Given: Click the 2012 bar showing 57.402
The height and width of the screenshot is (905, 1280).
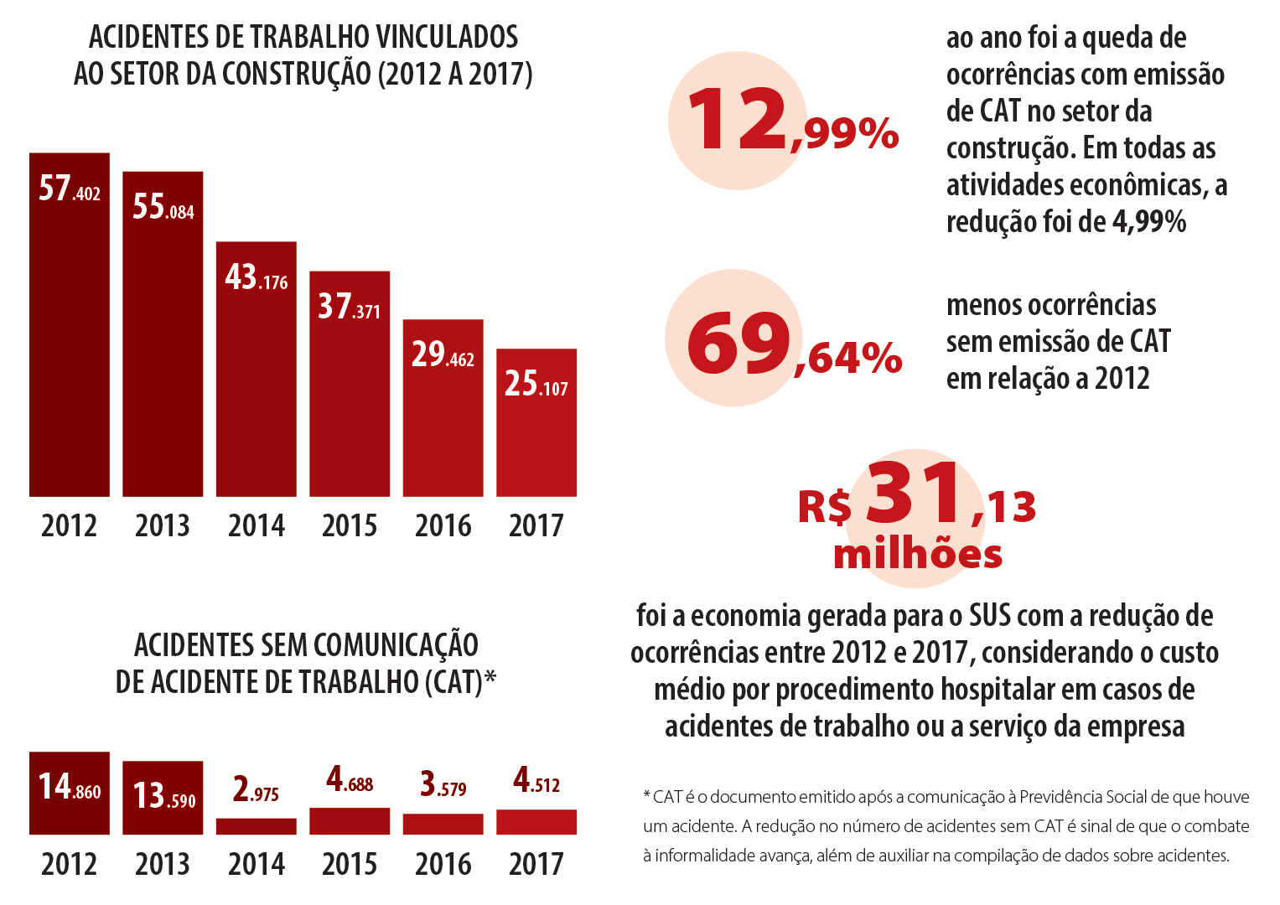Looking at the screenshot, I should pos(70,335).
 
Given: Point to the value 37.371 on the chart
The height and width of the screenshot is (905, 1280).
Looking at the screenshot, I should pos(350,308).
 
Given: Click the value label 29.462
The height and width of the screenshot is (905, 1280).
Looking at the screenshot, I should pos(443,355).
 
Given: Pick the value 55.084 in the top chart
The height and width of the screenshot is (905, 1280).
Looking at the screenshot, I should pos(163,207).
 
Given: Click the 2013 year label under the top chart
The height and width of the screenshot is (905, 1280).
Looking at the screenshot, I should pos(163,526).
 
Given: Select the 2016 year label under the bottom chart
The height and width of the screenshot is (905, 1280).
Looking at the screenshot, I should pos(443,864).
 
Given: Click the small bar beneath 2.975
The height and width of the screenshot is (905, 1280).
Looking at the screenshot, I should pos(257,826).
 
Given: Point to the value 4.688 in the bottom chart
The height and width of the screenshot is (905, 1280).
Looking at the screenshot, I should pos(350,781).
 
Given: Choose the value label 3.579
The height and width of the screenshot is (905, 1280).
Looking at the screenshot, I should pos(443,785).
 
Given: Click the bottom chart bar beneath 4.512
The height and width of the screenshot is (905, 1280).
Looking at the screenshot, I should pos(536,822).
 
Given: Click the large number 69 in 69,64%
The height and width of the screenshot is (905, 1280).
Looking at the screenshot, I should pos(738,342).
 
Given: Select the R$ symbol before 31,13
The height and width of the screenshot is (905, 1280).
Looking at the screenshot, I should pos(825,507).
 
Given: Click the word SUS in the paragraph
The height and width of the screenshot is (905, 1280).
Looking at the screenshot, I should pos(990,616).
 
